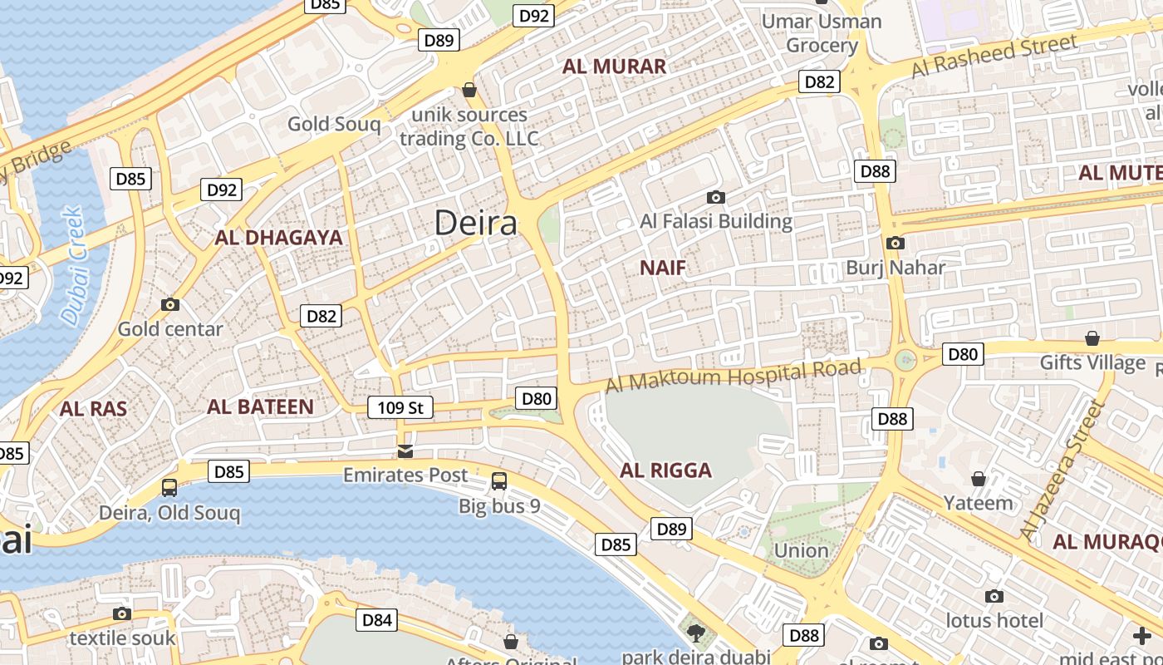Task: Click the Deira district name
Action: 476,223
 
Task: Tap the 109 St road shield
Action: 400,407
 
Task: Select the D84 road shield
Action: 377,619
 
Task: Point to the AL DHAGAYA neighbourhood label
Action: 278,238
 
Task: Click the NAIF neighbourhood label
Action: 663,268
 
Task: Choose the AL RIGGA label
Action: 665,470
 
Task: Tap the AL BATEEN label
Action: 260,406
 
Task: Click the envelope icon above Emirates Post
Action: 405,451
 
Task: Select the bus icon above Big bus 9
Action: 499,481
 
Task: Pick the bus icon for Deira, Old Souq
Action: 169,488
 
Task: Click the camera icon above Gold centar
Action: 170,305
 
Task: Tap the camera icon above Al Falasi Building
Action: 715,198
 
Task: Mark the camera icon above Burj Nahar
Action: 895,244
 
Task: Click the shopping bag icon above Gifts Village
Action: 1092,339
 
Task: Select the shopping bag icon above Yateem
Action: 979,479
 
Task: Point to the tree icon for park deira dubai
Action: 696,633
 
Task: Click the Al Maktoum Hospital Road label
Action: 733,376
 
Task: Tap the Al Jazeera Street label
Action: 1064,470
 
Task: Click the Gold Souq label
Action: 334,125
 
